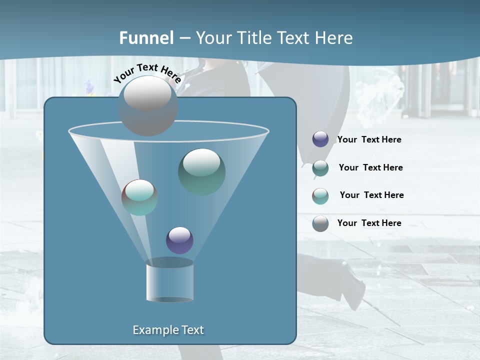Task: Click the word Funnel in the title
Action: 146,38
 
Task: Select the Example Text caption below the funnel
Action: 168,330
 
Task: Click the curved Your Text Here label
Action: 147,72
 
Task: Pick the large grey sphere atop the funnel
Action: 148,105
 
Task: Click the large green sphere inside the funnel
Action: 201,171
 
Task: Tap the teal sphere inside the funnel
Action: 139,197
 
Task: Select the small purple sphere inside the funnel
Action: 179,240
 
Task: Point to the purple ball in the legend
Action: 320,139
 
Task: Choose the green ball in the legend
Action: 320,168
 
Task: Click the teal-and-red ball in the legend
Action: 320,196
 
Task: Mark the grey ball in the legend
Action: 320,223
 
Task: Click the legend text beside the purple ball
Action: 369,140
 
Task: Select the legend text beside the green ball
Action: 370,168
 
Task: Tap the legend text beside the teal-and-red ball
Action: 371,195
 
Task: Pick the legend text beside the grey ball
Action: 369,223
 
